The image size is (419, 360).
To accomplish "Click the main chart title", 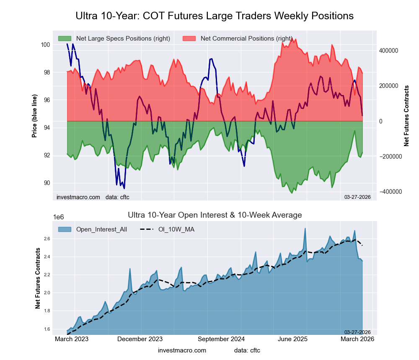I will click(x=215, y=16).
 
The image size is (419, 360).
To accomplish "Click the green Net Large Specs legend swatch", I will click(x=65, y=39).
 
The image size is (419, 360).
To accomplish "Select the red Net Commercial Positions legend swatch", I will click(x=189, y=39).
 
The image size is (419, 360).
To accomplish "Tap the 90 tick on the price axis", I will click(x=47, y=183).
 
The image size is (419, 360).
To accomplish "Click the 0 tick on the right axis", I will click(x=380, y=121).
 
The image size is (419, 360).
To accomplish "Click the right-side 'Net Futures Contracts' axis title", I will click(x=406, y=116).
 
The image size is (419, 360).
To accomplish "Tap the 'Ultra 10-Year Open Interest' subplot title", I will click(x=215, y=215).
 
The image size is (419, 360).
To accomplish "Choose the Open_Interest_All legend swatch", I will click(x=65, y=229).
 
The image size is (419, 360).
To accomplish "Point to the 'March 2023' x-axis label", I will click(x=72, y=339).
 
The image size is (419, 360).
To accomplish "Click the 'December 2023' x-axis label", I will click(x=140, y=339).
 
